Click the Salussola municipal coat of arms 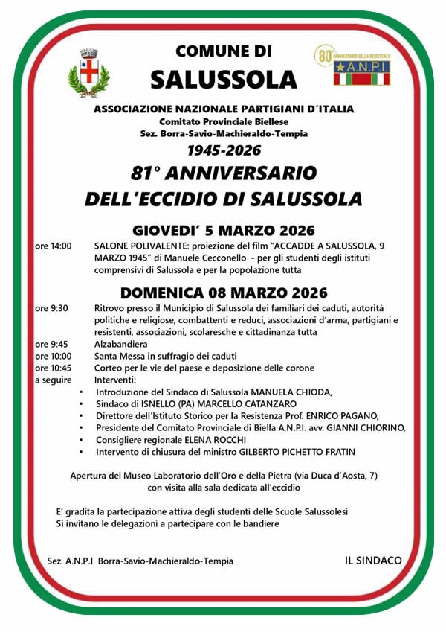[88, 72]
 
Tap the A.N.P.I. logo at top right [351, 66]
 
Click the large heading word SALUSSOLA [223, 78]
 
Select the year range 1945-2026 [224, 150]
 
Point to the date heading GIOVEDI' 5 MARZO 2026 [224, 229]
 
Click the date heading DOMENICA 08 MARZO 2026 [224, 293]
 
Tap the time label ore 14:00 [54, 245]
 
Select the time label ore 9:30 [51, 308]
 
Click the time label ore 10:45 [54, 368]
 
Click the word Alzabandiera [121, 345]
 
